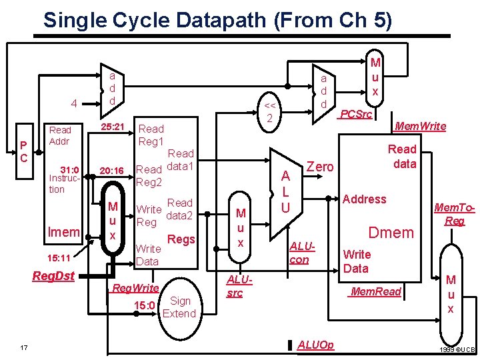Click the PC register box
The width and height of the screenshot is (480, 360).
(x=24, y=151)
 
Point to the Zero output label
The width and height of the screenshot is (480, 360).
(x=319, y=167)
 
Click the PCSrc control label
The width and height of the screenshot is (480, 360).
(x=355, y=115)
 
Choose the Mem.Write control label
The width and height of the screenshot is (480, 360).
(x=420, y=125)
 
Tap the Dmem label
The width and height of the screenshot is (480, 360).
(x=392, y=233)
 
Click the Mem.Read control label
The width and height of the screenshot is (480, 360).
(x=376, y=291)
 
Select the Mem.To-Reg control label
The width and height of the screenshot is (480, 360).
(x=455, y=214)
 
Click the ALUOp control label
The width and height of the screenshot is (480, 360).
(x=316, y=345)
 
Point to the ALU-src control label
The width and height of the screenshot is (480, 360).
(x=235, y=287)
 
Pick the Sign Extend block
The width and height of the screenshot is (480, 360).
(x=179, y=307)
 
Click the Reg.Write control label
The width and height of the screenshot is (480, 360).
(x=135, y=288)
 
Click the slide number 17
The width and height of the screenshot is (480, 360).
(x=24, y=346)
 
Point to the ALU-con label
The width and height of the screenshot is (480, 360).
(x=299, y=253)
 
